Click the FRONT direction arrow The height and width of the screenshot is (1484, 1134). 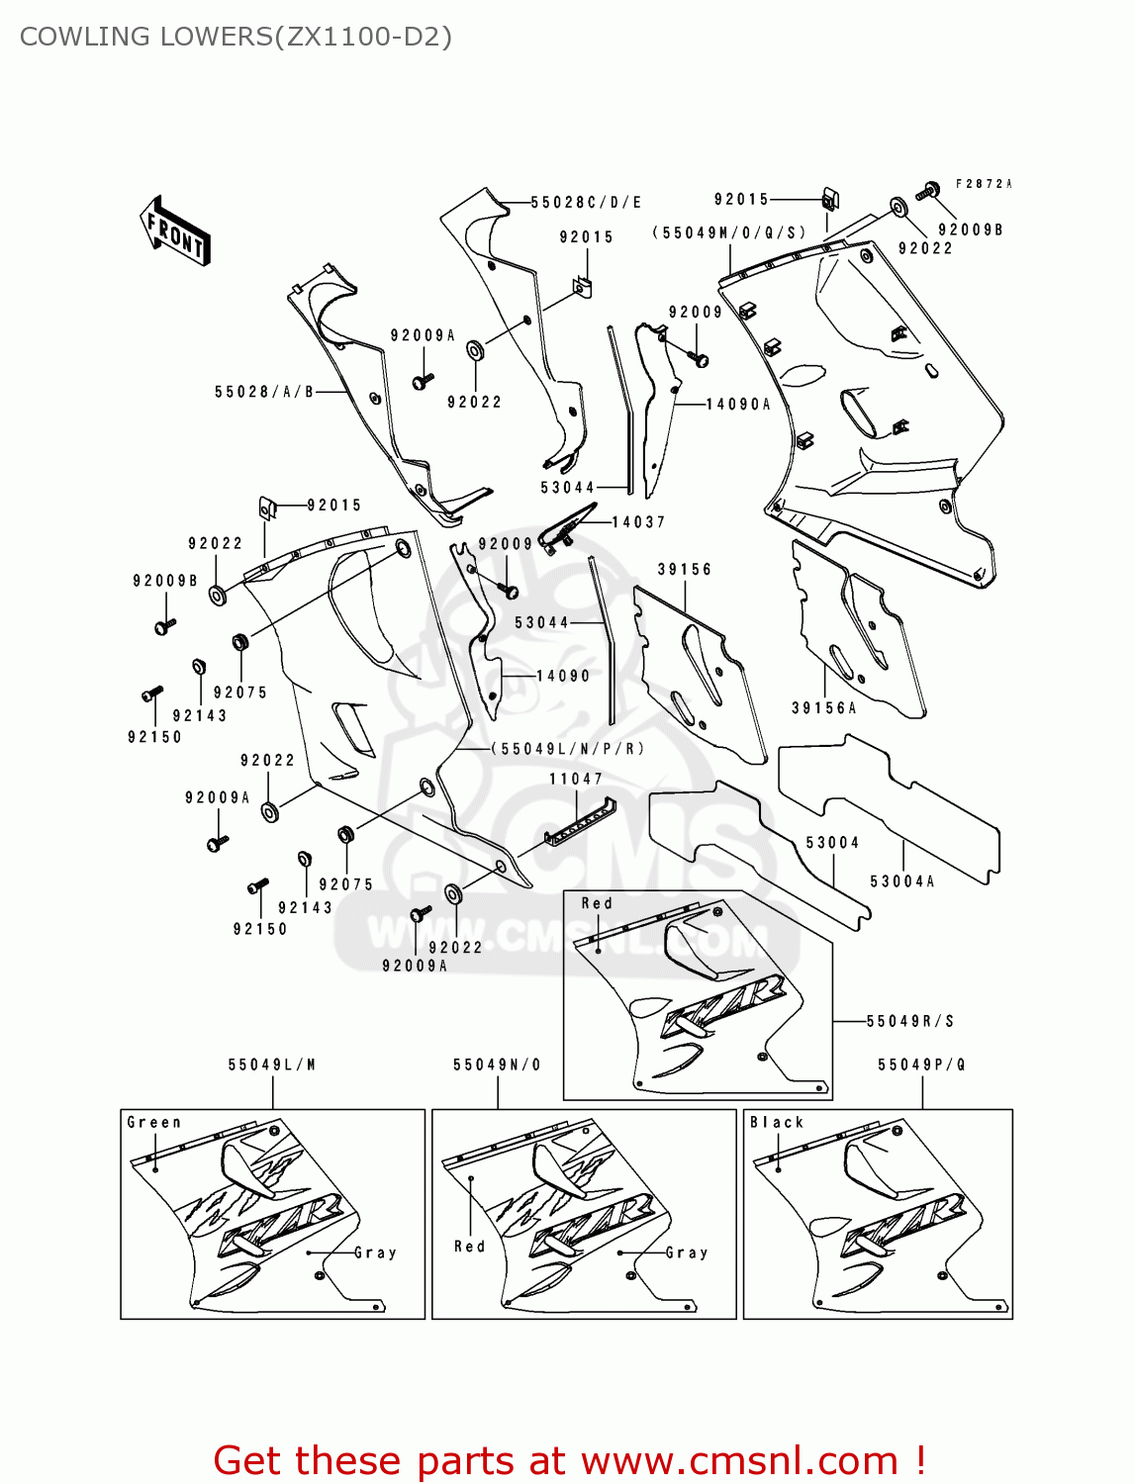pyautogui.click(x=175, y=232)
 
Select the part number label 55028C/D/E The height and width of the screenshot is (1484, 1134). pyautogui.click(x=586, y=203)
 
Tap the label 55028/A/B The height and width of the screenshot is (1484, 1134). pyautogui.click(x=264, y=392)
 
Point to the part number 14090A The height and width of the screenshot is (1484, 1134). pyautogui.click(x=738, y=405)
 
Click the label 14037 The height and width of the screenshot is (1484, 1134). pyautogui.click(x=638, y=522)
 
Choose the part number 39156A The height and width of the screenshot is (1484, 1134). pyautogui.click(x=824, y=708)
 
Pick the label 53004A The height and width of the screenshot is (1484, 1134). pyautogui.click(x=902, y=881)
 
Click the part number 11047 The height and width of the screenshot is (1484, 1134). pyautogui.click(x=576, y=780)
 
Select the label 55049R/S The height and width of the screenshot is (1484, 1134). pyautogui.click(x=910, y=1021)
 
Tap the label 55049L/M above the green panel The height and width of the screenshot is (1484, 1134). pyautogui.click(x=272, y=1066)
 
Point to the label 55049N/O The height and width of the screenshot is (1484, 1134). pyautogui.click(x=498, y=1066)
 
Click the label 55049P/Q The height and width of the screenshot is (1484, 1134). pyautogui.click(x=922, y=1066)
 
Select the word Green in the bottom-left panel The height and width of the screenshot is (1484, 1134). pyautogui.click(x=154, y=1123)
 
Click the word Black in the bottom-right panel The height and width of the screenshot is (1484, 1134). pyautogui.click(x=777, y=1123)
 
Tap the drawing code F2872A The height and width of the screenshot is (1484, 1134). pyautogui.click(x=984, y=184)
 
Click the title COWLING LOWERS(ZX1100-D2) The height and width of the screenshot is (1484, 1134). pyautogui.click(x=236, y=37)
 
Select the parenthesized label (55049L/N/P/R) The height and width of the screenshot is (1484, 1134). pyautogui.click(x=568, y=749)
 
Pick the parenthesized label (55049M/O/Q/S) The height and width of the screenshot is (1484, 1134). pyautogui.click(x=729, y=233)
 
